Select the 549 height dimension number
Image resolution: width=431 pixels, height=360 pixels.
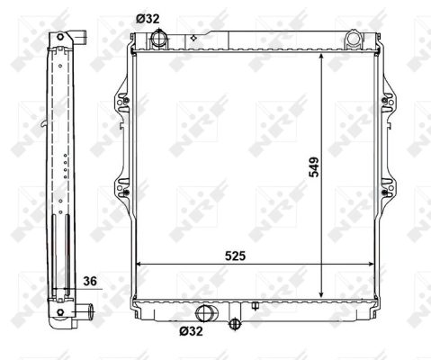point(313,167)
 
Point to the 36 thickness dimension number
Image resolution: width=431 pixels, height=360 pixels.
point(89,281)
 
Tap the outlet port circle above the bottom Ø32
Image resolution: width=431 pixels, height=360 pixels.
point(205,312)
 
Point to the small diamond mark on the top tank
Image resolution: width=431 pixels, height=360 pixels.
point(193,39)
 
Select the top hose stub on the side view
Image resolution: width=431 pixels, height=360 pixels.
point(79,39)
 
